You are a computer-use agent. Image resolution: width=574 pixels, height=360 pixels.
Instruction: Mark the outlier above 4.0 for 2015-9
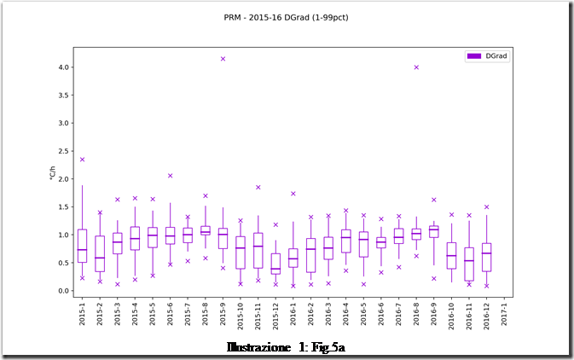pos(223,59)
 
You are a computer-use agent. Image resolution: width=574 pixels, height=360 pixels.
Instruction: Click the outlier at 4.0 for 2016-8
pos(416,67)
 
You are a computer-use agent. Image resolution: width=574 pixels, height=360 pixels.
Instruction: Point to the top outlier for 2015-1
pos(82,160)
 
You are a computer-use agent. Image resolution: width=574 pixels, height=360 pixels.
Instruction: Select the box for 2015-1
pos(82,246)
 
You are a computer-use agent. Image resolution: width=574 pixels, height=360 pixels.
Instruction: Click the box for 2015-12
pos(275,264)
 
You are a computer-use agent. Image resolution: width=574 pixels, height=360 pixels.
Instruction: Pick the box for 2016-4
pos(345,241)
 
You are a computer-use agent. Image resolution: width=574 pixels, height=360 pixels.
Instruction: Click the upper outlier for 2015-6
pos(170,176)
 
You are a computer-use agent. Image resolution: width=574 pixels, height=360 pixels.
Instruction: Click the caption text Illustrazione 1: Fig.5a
pos(286,348)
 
